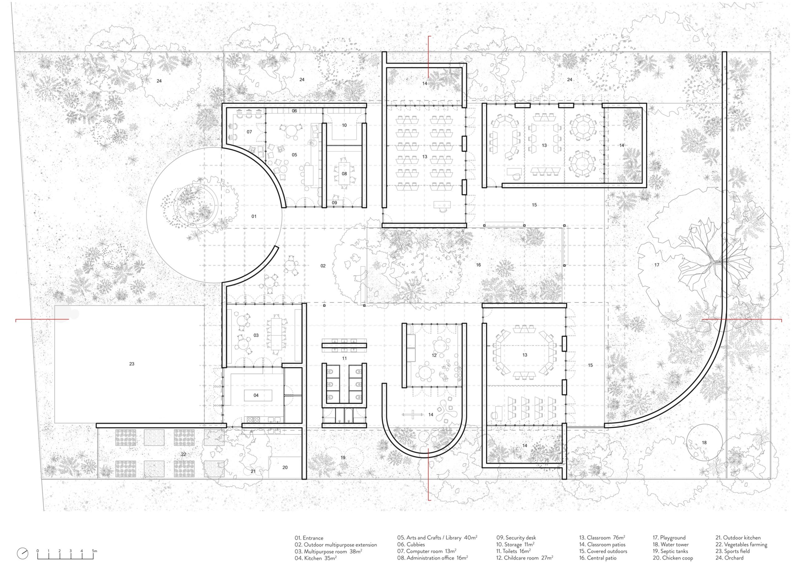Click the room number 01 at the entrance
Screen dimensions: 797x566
coord(254,216)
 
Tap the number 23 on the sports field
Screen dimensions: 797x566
coord(132,364)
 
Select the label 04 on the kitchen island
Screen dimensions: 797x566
coord(256,395)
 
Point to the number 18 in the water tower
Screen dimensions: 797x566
coord(704,443)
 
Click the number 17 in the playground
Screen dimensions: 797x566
coord(657,265)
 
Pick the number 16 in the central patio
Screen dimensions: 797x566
coord(478,265)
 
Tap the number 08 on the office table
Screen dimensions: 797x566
coord(344,173)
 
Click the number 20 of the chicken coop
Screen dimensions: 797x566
coord(285,467)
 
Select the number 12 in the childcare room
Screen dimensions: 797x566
coord(434,356)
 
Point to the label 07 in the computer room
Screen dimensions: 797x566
coord(249,132)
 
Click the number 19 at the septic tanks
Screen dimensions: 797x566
coord(343,458)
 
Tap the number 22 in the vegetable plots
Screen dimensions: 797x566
coord(184,454)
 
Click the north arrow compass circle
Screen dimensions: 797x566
coord(23,553)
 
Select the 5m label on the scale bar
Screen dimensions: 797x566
coord(94,551)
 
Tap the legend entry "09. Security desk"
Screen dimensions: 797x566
coord(516,538)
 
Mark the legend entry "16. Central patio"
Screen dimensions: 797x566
coord(598,558)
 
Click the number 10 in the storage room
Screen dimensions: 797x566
coord(344,125)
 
